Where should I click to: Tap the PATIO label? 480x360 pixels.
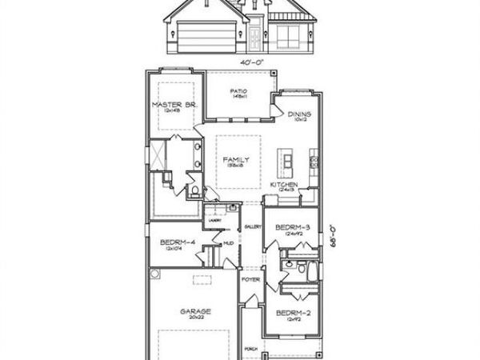pos(238,92)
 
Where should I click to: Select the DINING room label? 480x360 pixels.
pos(299,114)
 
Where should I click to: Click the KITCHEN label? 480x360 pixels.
pos(284,185)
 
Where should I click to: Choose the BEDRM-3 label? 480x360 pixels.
pos(292,228)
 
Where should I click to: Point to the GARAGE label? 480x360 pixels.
pos(195,311)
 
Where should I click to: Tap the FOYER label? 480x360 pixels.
pos(251,280)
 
